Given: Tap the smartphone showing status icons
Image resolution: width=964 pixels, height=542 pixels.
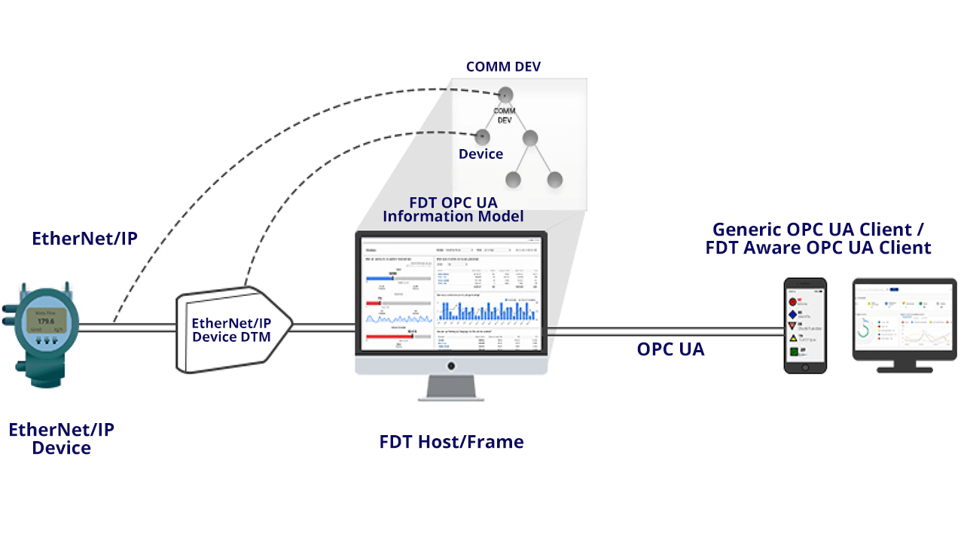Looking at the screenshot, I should coord(805,325).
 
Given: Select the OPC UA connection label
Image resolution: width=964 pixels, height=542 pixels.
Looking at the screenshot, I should coord(670,349).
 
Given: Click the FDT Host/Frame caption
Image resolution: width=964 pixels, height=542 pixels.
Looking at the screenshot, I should coord(451,442).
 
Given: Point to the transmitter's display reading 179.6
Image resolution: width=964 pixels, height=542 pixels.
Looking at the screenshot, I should coord(47,321).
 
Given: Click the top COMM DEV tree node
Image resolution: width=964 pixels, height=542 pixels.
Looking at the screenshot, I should coord(505,95).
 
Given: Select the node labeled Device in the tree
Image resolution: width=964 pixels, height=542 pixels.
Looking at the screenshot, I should coord(482,138).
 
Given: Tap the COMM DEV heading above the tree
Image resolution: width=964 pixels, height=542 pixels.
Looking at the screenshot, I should coord(503,67).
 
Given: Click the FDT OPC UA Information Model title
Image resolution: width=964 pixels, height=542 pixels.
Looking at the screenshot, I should coord(453,209).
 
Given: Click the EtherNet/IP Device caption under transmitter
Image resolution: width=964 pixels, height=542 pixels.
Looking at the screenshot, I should coord(61,439).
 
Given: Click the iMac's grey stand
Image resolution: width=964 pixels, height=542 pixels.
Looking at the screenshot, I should coord(451,388).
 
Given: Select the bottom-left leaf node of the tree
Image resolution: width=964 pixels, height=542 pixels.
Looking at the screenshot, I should coord(514,180).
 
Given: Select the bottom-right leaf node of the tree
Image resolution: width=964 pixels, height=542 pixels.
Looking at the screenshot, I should coord(555,180).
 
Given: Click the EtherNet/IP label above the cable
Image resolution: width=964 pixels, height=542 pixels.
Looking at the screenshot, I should coord(84,239).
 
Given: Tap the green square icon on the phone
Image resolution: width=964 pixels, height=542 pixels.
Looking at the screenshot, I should coord(793,352).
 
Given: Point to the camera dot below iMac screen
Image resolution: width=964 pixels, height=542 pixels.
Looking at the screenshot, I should coord(451,366).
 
